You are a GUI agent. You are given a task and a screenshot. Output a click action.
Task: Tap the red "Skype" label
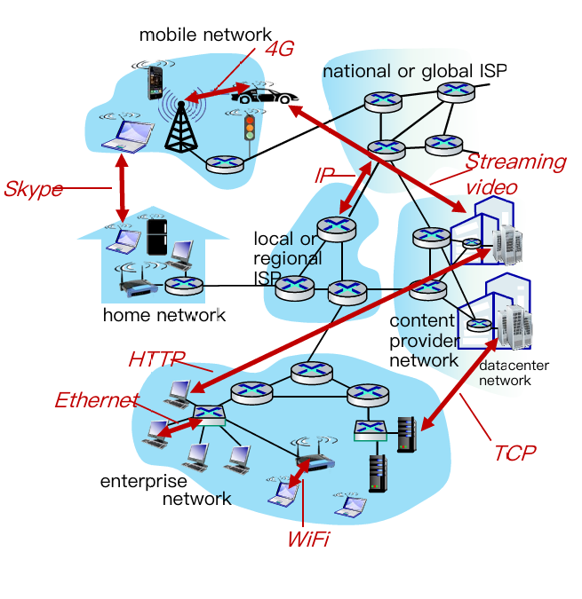coord(33,189)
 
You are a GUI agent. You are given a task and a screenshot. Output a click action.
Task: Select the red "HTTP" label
coord(156,359)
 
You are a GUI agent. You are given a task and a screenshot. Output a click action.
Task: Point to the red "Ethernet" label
coord(97,400)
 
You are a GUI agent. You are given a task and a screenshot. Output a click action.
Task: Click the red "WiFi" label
coord(307,539)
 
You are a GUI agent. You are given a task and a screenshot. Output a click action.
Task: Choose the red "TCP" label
coord(514,453)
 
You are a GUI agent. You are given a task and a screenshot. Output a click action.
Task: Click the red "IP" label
coord(324,175)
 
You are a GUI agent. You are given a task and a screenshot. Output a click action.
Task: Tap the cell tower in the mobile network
coord(183,123)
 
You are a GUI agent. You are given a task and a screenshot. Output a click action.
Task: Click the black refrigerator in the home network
coord(157,238)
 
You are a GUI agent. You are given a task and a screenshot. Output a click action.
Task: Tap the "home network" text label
coord(164,315)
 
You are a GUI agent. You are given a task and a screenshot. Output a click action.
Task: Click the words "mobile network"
coord(195,35)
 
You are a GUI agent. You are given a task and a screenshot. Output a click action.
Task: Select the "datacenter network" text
coord(514,373)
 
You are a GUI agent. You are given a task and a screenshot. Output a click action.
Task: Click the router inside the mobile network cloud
coord(224,164)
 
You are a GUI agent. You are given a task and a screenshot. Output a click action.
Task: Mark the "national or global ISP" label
coord(414,70)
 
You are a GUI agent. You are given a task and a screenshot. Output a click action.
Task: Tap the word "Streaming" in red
coord(515,162)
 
